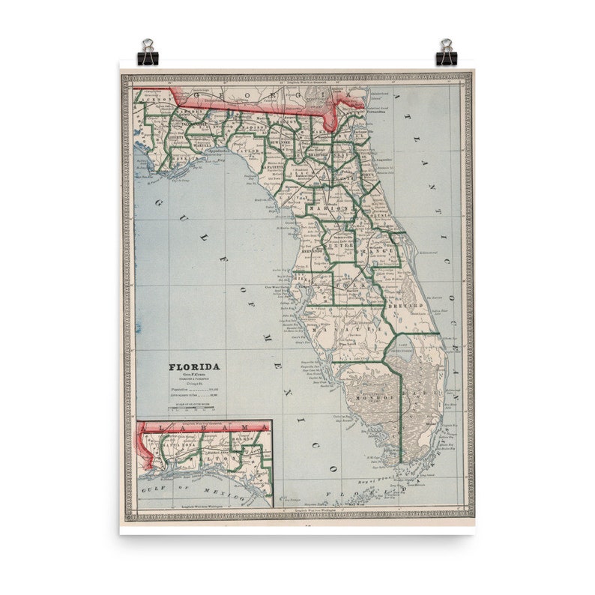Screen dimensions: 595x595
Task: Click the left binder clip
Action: [148, 52]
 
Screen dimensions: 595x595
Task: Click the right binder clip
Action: [447, 52]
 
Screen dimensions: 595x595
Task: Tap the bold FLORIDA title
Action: [194, 366]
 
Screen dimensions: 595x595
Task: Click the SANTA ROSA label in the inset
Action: [176, 443]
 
